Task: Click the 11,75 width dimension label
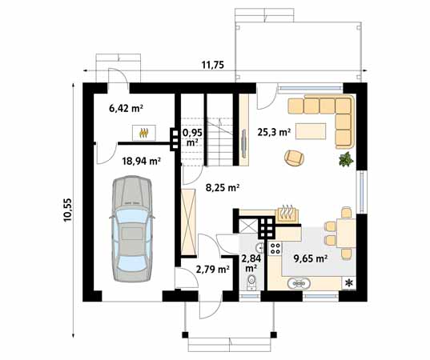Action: pos(213,65)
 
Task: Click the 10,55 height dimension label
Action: pos(67,210)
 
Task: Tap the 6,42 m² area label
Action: pos(127,109)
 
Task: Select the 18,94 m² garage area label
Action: pos(141,161)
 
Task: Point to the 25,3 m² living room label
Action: pos(274,132)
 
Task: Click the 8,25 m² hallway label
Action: pos(223,188)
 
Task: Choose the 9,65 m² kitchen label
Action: pos(311,258)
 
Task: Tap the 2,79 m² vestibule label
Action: pos(213,270)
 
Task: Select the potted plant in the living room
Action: pos(346,159)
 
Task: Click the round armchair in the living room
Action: pos(294,158)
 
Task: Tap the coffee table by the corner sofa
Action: pos(311,131)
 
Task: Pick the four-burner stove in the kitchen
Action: pos(275,248)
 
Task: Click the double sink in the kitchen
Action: pos(299,283)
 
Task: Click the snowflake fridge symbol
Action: pos(349,283)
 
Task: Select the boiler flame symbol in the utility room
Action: pos(144,133)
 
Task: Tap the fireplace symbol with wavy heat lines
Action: pos(287,214)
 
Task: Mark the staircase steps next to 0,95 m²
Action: pos(219,142)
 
